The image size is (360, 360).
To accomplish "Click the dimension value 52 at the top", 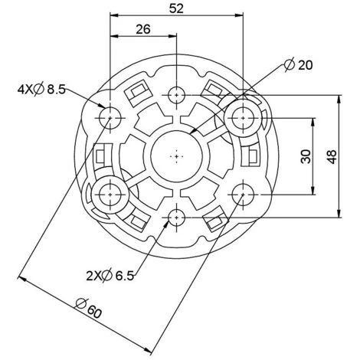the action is click(x=176, y=8).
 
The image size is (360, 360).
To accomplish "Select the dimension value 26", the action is click(x=143, y=29).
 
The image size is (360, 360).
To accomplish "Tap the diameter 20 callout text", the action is click(x=299, y=65).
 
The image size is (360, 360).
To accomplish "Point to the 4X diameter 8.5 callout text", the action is click(x=41, y=90).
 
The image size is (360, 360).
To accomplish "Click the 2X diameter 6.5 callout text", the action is click(x=110, y=276).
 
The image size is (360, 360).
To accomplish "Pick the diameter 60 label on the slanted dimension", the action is click(x=89, y=308).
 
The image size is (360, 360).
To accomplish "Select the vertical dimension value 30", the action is click(x=306, y=156).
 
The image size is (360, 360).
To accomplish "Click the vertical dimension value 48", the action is click(x=332, y=156).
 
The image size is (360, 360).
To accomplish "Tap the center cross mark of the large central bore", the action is click(x=177, y=156).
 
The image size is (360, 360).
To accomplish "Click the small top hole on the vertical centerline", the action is click(x=177, y=95).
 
